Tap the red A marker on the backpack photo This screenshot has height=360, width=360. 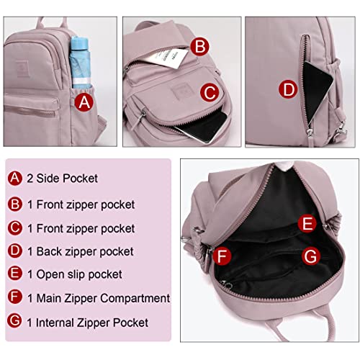(85, 102)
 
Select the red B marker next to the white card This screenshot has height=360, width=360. (201, 47)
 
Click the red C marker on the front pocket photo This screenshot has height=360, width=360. (209, 92)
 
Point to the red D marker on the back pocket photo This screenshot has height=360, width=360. (288, 90)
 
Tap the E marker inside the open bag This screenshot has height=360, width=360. (307, 224)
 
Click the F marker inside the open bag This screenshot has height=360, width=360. (222, 256)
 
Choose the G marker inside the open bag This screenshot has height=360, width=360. (310, 255)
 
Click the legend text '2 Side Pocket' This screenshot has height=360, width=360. (62, 178)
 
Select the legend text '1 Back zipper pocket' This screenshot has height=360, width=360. (80, 251)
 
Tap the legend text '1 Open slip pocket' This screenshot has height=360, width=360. (74, 274)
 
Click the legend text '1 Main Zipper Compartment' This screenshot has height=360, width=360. (98, 297)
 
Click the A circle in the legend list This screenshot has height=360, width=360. (15, 178)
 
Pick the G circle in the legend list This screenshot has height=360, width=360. (15, 320)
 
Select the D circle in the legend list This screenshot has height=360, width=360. (15, 251)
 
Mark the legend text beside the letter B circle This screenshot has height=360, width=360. (80, 205)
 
